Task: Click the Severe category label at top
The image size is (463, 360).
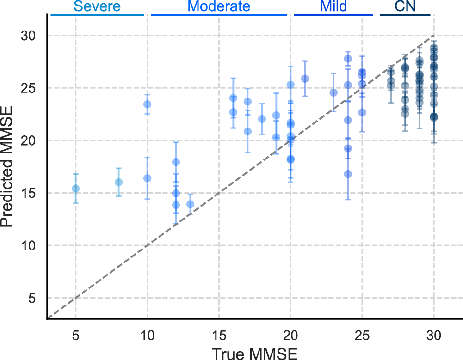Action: point(97,6)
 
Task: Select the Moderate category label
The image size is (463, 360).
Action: point(219,6)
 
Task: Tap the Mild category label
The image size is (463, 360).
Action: point(333,6)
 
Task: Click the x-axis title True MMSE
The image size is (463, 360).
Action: point(254,352)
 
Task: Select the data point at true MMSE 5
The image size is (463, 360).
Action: point(75,189)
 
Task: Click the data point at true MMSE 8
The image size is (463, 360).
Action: point(118,182)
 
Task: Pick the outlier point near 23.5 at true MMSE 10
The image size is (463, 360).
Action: point(147,104)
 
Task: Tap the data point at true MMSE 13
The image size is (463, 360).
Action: point(190,204)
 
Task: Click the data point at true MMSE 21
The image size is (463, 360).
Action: point(305,79)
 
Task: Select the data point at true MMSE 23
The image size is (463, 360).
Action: point(333,92)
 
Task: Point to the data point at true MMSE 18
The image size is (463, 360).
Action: point(262,119)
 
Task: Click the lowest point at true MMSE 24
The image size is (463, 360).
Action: point(348,174)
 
